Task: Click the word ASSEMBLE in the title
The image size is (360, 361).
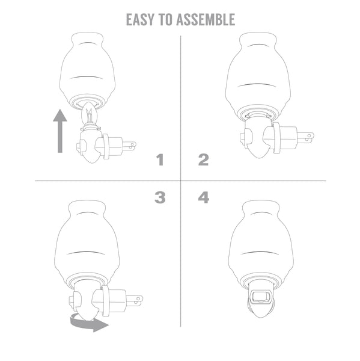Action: [x=206, y=20]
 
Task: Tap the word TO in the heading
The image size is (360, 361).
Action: [x=165, y=20]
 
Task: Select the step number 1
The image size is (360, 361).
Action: [x=160, y=160]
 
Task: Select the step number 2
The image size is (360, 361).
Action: [x=204, y=160]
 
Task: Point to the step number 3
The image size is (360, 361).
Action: [x=160, y=197]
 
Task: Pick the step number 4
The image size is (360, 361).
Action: [x=204, y=197]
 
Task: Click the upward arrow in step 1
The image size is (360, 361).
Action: [x=60, y=131]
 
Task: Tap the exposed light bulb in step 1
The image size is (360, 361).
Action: [x=90, y=114]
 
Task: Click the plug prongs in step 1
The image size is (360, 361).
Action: [x=129, y=146]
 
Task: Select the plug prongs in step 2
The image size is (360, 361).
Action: [x=306, y=137]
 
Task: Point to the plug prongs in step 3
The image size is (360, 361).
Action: [x=135, y=301]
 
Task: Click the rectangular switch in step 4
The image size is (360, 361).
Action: [x=261, y=297]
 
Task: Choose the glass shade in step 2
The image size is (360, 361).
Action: [x=258, y=76]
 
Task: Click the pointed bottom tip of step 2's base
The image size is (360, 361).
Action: [x=259, y=158]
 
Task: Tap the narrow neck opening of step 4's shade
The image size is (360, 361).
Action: [x=261, y=203]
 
